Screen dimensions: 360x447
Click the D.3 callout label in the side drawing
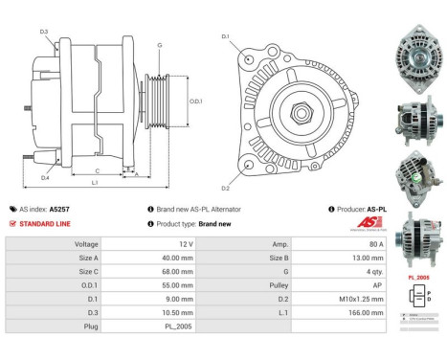[x=44, y=33]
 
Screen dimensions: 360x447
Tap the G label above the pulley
[x=159, y=45]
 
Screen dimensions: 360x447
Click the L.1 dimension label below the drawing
[x=95, y=181]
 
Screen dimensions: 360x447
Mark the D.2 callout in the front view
[x=226, y=188]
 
